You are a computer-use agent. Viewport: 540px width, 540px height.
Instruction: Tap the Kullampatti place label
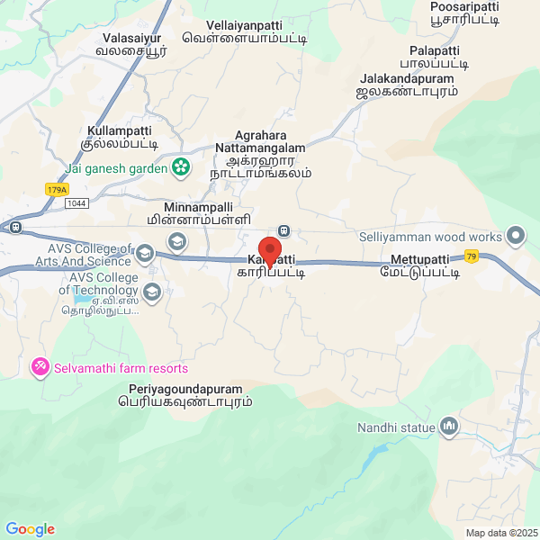tap(123, 137)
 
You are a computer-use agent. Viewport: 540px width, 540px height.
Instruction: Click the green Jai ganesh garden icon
tap(181, 167)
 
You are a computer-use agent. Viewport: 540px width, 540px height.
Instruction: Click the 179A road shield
tap(57, 189)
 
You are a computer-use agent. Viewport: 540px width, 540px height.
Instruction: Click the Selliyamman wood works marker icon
tap(516, 236)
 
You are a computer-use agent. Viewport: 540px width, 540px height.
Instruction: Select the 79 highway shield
tap(471, 256)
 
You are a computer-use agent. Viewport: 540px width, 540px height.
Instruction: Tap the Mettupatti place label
tap(426, 268)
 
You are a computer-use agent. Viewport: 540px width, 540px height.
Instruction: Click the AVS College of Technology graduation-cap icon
tap(152, 292)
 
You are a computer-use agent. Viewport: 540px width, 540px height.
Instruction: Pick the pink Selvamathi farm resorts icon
tap(40, 368)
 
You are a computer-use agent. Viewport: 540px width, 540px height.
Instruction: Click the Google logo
tap(30, 529)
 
